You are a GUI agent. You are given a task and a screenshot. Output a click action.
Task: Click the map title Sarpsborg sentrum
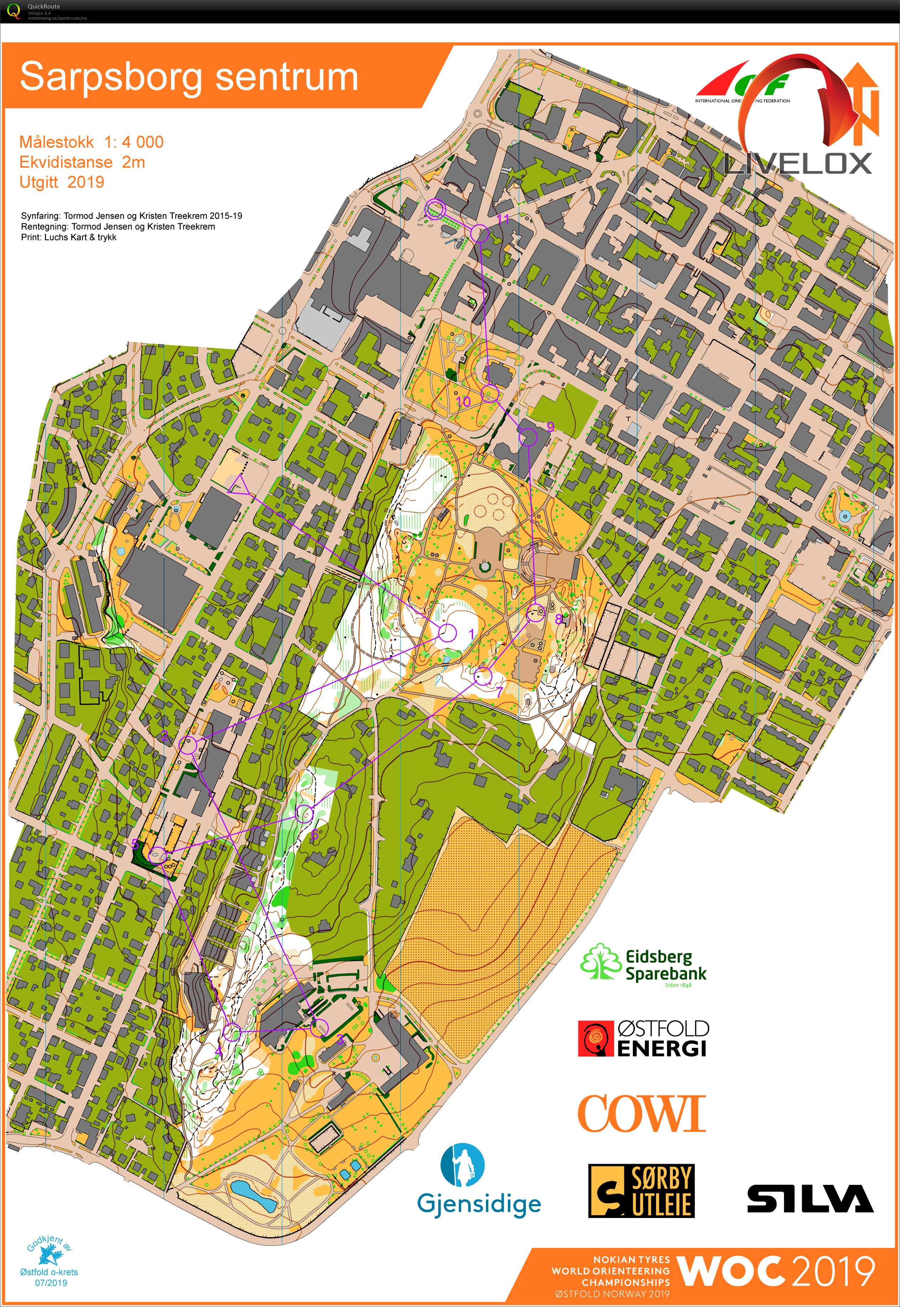(x=189, y=77)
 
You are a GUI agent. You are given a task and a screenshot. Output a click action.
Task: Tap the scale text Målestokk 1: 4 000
(x=91, y=142)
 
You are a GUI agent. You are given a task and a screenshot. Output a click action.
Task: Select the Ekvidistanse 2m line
(x=82, y=162)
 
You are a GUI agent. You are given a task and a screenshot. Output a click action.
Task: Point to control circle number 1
(x=447, y=632)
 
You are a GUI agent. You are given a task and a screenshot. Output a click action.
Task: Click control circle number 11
(x=479, y=233)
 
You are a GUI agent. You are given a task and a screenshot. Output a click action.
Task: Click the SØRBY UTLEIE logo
(x=641, y=1191)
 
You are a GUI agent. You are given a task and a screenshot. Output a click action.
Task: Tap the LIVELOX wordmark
(x=798, y=163)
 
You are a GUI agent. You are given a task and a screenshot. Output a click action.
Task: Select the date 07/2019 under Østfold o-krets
(x=51, y=1283)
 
